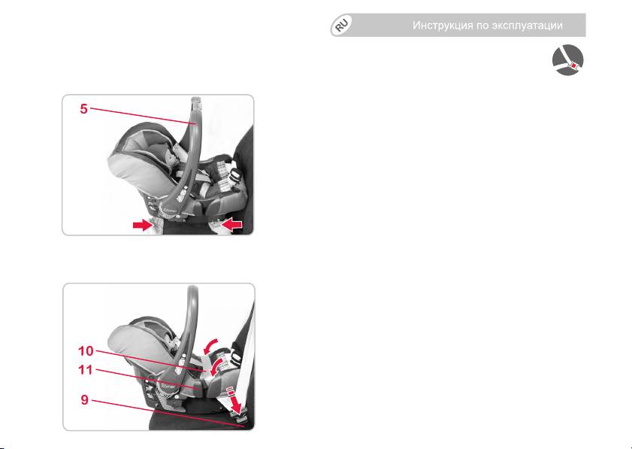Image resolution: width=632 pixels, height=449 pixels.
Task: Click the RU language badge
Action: [341, 25]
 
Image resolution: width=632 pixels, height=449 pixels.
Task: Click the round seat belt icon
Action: [568, 59]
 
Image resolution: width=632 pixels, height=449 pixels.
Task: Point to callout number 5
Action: [84, 108]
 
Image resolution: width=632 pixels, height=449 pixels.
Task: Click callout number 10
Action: [86, 351]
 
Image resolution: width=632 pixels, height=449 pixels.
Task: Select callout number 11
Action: [86, 369]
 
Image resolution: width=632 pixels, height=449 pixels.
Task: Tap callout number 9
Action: [85, 399]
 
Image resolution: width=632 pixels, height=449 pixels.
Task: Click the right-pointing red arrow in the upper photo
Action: [144, 225]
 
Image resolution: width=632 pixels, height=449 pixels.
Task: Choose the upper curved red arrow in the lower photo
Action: [212, 346]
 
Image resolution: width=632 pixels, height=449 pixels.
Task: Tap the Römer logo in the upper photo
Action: [168, 209]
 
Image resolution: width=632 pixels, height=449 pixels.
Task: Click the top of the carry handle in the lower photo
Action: [192, 290]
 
